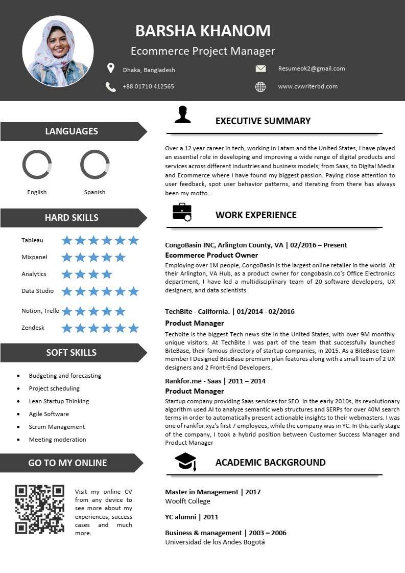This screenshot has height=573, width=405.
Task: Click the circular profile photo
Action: coord(58,51)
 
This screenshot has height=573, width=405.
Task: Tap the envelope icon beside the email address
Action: coord(260,68)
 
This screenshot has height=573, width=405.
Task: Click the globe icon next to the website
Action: coord(260,87)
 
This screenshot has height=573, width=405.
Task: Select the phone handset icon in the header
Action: coord(110,87)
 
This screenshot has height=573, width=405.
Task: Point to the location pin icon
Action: coord(110,68)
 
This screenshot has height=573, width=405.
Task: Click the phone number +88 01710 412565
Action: coord(148,86)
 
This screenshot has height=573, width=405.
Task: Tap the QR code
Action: coord(40,510)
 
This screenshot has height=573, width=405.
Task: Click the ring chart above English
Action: coord(37,165)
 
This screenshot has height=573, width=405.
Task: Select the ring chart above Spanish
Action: coord(95,165)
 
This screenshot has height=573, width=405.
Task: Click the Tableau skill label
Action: coord(32,240)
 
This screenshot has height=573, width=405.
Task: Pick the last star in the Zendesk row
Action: coord(133,328)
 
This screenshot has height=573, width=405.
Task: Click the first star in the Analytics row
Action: coord(67,274)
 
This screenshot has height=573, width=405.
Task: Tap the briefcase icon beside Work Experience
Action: coord(182,212)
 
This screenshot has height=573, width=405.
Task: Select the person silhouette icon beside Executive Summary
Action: coord(182,115)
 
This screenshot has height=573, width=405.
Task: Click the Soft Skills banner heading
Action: coord(71,352)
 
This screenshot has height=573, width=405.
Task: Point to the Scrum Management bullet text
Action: coord(57,427)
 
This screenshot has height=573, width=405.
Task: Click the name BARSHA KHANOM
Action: coord(203,31)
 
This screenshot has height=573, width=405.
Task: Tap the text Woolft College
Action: coord(187,501)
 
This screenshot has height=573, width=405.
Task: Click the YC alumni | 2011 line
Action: coord(192,517)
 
